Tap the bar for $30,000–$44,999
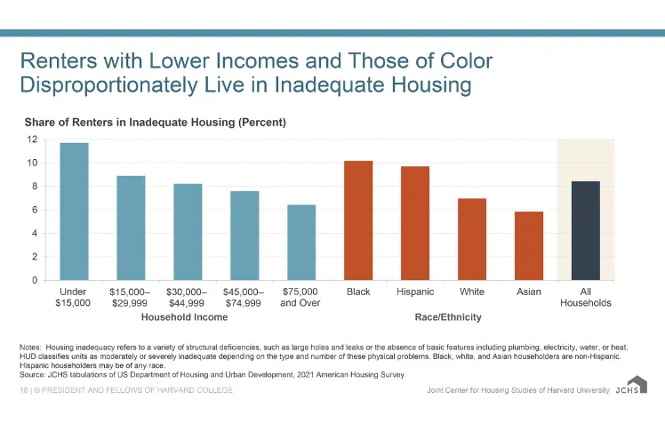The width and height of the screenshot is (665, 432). point(188,232)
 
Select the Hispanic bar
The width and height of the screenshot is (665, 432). point(415,223)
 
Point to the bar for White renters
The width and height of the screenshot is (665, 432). point(472,239)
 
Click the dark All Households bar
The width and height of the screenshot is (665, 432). point(585,230)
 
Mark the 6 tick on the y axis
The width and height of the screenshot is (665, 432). point(34,210)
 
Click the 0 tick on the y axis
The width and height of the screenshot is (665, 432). point(34,280)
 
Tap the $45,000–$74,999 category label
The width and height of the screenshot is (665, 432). point(244,297)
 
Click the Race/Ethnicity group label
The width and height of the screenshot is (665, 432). point(448,316)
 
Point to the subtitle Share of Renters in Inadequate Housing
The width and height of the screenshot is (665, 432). point(155,121)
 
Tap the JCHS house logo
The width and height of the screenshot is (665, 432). point(637,386)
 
